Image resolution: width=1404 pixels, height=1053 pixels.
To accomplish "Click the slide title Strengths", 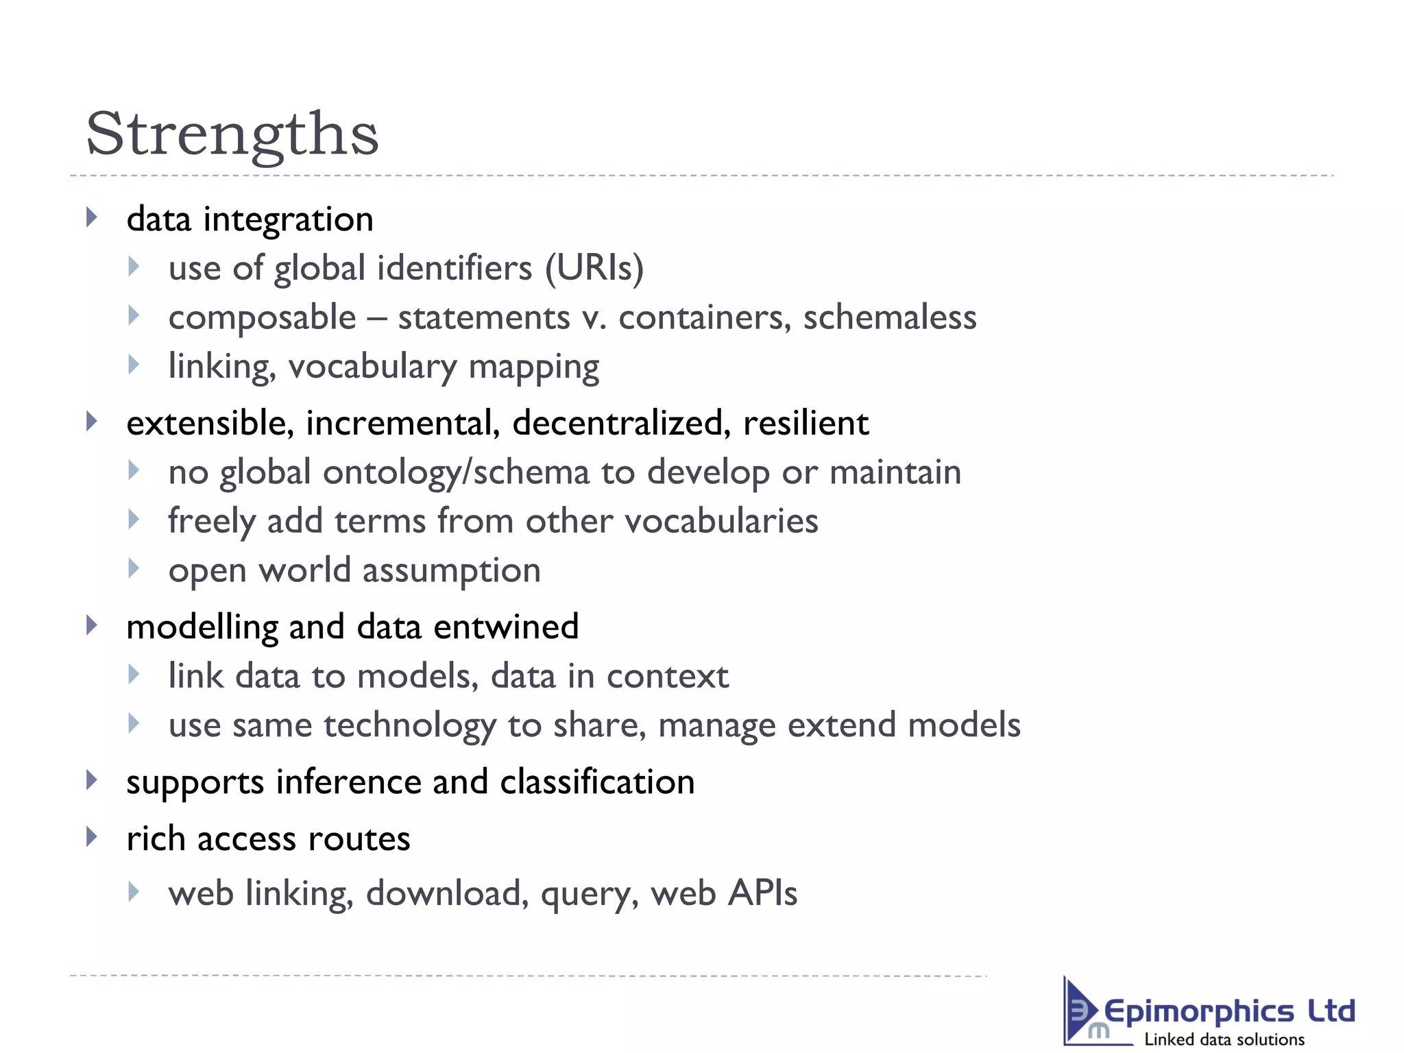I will pyautogui.click(x=232, y=134).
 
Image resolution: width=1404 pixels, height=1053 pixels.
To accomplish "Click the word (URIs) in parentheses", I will pyautogui.click(x=594, y=268).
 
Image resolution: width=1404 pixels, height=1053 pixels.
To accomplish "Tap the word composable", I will pyautogui.click(x=263, y=318).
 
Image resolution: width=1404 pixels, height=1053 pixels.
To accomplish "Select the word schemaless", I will pyautogui.click(x=889, y=317).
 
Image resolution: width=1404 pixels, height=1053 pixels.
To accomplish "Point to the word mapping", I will pyautogui.click(x=533, y=367).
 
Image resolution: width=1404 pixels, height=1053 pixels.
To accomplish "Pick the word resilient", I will pyautogui.click(x=806, y=423).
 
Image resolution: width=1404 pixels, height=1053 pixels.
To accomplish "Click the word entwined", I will pyautogui.click(x=506, y=627).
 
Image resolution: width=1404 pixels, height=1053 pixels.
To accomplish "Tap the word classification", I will pyautogui.click(x=597, y=782).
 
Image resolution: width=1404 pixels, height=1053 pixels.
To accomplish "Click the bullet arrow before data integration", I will pyautogui.click(x=92, y=218).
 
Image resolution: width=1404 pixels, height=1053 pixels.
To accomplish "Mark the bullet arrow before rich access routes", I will pyautogui.click(x=92, y=837).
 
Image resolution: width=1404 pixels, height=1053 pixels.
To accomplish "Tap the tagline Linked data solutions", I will pyautogui.click(x=1224, y=1039).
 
